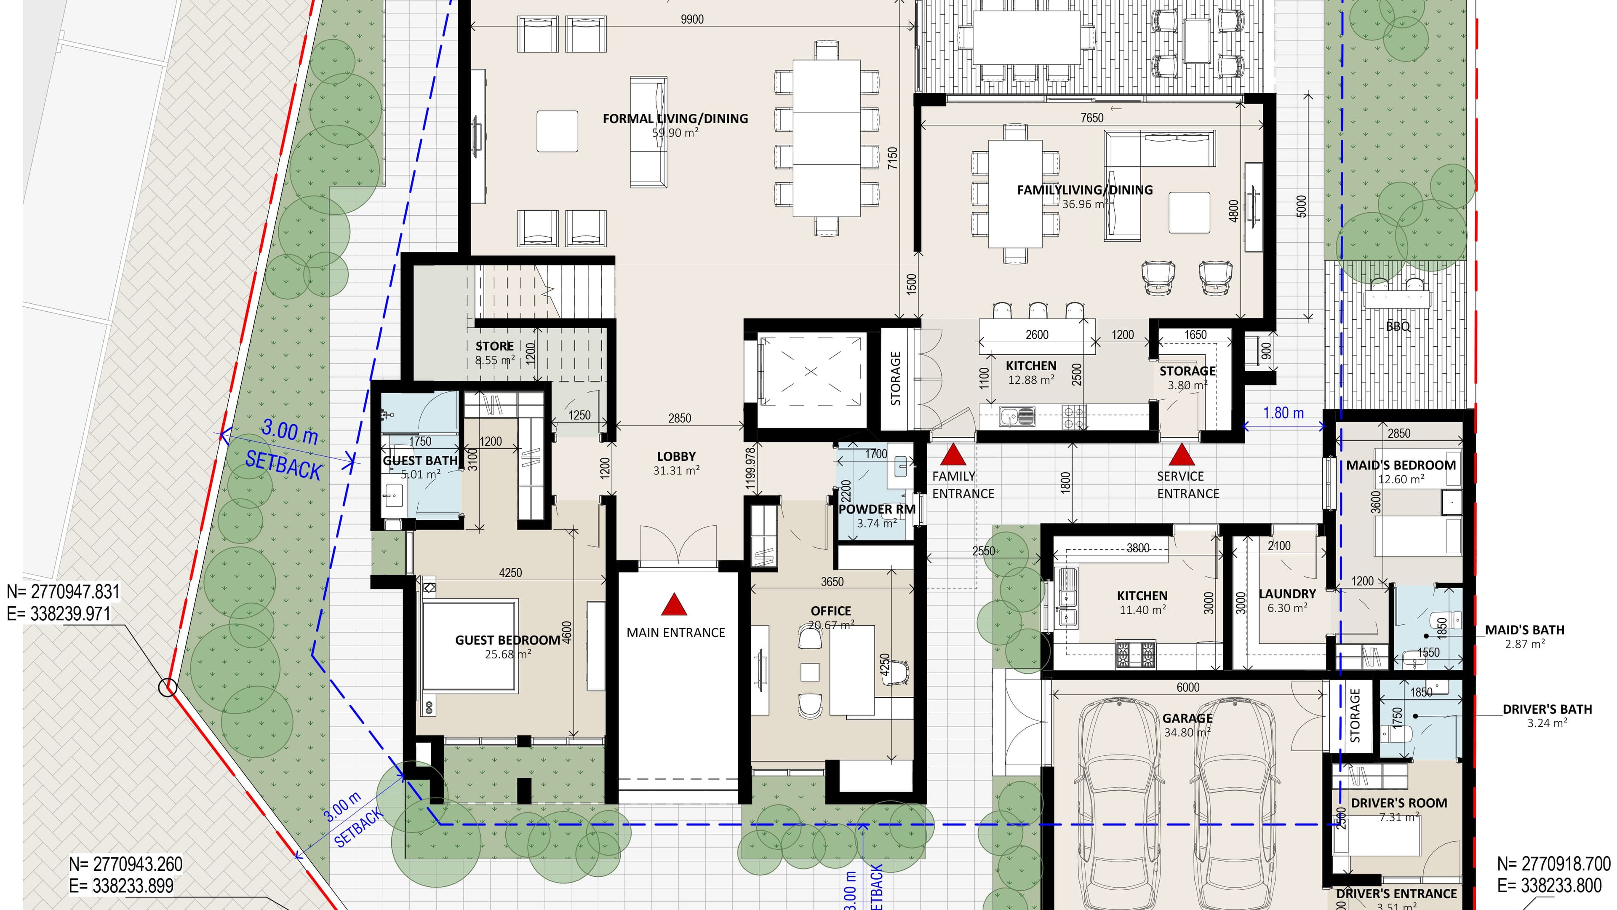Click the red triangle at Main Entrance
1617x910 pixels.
[674, 605]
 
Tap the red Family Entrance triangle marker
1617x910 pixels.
[953, 455]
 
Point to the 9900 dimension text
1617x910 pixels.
[692, 19]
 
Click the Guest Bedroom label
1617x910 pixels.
[507, 640]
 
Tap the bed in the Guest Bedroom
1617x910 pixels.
[470, 646]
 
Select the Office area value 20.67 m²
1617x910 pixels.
[831, 625]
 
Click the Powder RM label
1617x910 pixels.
[876, 509]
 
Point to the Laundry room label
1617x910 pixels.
[1287, 594]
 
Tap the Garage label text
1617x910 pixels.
[1187, 718]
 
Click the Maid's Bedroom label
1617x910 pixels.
[1401, 466]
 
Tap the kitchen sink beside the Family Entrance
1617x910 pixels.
[1017, 415]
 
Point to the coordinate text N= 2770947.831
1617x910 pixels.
[63, 591]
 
